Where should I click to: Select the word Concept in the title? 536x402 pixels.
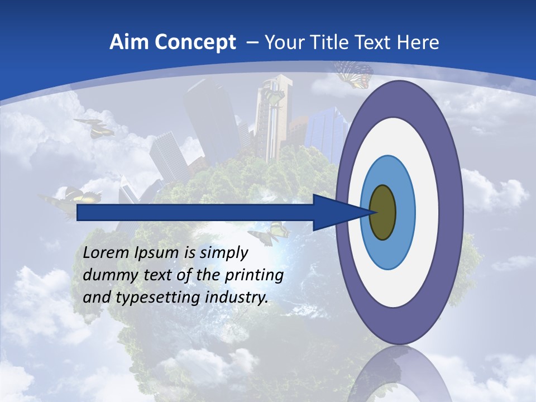[x=196, y=43]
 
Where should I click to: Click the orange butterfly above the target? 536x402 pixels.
[x=354, y=74]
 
